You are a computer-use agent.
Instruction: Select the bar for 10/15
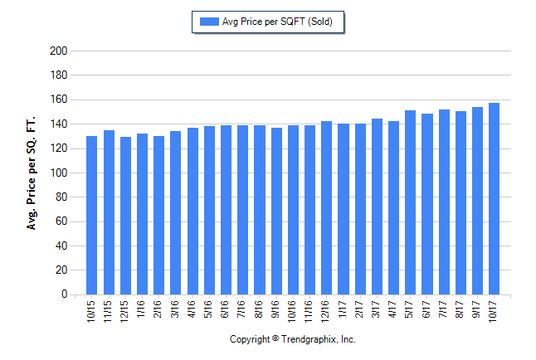click(92, 215)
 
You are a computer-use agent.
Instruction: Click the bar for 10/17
click(494, 198)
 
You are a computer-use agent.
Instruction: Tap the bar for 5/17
click(410, 202)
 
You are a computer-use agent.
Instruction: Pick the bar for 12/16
click(326, 207)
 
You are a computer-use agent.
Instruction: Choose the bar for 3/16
click(176, 212)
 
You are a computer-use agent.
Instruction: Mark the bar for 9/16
click(276, 211)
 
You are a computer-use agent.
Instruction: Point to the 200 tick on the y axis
click(59, 51)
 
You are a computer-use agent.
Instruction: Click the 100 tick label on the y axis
click(59, 173)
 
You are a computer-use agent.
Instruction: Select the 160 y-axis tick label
click(59, 100)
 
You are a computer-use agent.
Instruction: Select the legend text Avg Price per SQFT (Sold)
click(277, 22)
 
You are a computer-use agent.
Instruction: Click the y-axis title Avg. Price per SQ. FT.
click(32, 173)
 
